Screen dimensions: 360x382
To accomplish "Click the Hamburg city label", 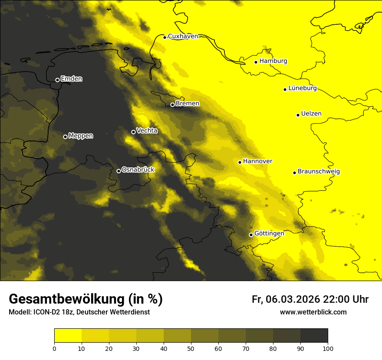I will [x=273, y=61].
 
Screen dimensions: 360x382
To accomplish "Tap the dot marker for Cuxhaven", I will [x=165, y=37].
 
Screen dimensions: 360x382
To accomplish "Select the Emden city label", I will [x=71, y=79].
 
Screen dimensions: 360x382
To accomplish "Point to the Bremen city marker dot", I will [x=172, y=105].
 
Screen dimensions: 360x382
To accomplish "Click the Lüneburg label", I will [x=302, y=88].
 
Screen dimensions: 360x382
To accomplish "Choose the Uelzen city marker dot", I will [x=298, y=115].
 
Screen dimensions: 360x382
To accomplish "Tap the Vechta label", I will [x=147, y=131].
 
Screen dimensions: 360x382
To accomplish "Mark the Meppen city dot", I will [x=65, y=137].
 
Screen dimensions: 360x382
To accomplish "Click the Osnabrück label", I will [x=138, y=170].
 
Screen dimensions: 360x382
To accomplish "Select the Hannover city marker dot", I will [x=240, y=162].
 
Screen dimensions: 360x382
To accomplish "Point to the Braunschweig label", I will [x=319, y=172].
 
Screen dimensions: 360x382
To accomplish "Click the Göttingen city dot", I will [x=251, y=235].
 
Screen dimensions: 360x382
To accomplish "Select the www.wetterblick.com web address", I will [x=313, y=312].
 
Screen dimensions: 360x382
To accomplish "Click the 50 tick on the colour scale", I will [x=191, y=348].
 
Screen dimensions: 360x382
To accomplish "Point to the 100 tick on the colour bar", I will [x=328, y=348].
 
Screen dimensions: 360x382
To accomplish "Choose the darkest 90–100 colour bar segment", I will [x=314, y=336].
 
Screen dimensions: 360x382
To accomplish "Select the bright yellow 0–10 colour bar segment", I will [x=68, y=336].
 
